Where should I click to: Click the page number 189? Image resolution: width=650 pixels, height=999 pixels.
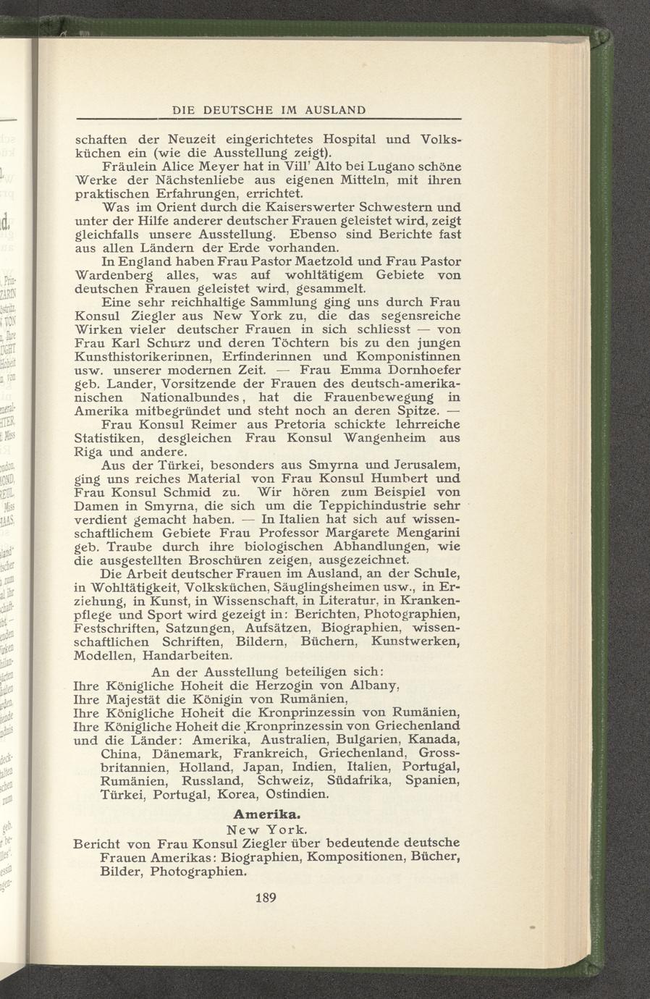point(268,898)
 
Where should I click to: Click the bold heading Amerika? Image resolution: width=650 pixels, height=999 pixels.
point(268,813)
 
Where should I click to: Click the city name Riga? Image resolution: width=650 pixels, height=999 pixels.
point(89,452)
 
